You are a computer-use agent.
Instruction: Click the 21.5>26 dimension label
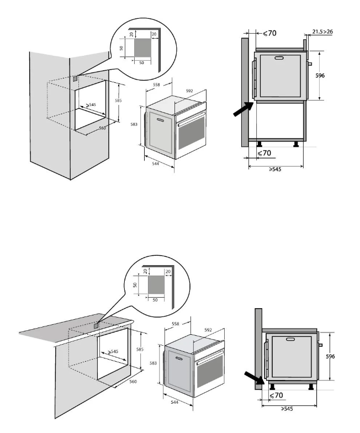point(322,32)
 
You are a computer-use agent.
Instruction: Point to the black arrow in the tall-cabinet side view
point(242,109)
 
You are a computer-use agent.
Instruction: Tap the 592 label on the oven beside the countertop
point(208,330)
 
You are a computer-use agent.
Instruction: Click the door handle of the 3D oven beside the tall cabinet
point(161,119)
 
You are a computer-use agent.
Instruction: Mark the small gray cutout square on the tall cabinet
point(75,79)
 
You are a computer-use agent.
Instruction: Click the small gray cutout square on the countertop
point(96,325)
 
